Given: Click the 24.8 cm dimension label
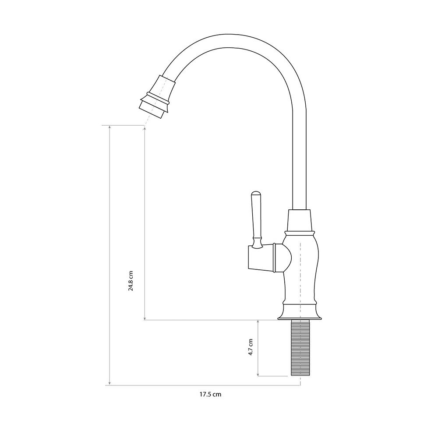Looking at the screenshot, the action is [131, 281].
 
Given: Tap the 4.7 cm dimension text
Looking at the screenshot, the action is [251, 347].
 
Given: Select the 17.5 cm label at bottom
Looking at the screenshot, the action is [210, 395].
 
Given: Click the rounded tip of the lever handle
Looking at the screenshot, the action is [256, 194].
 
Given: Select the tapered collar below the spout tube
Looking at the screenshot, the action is [299, 220].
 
